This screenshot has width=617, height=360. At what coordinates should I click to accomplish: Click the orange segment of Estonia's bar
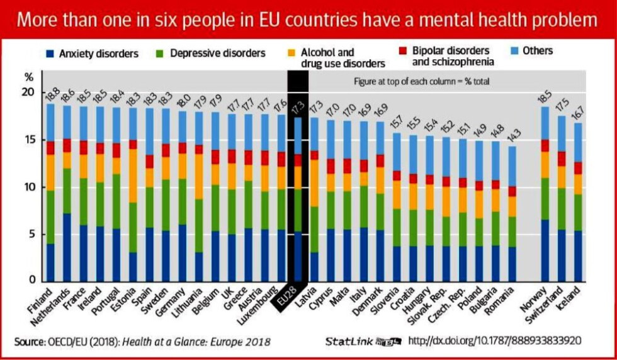(132, 176)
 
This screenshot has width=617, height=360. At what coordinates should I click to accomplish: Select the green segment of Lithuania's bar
(198, 225)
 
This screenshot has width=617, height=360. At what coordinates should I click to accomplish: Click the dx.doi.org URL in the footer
(494, 341)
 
